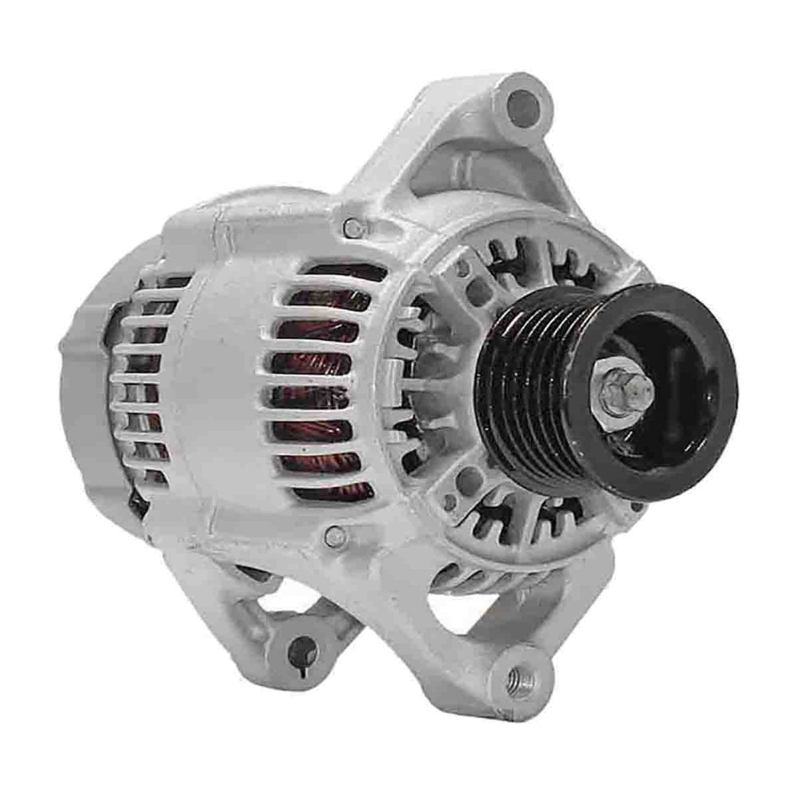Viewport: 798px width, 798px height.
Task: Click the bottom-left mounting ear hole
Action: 301,648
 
